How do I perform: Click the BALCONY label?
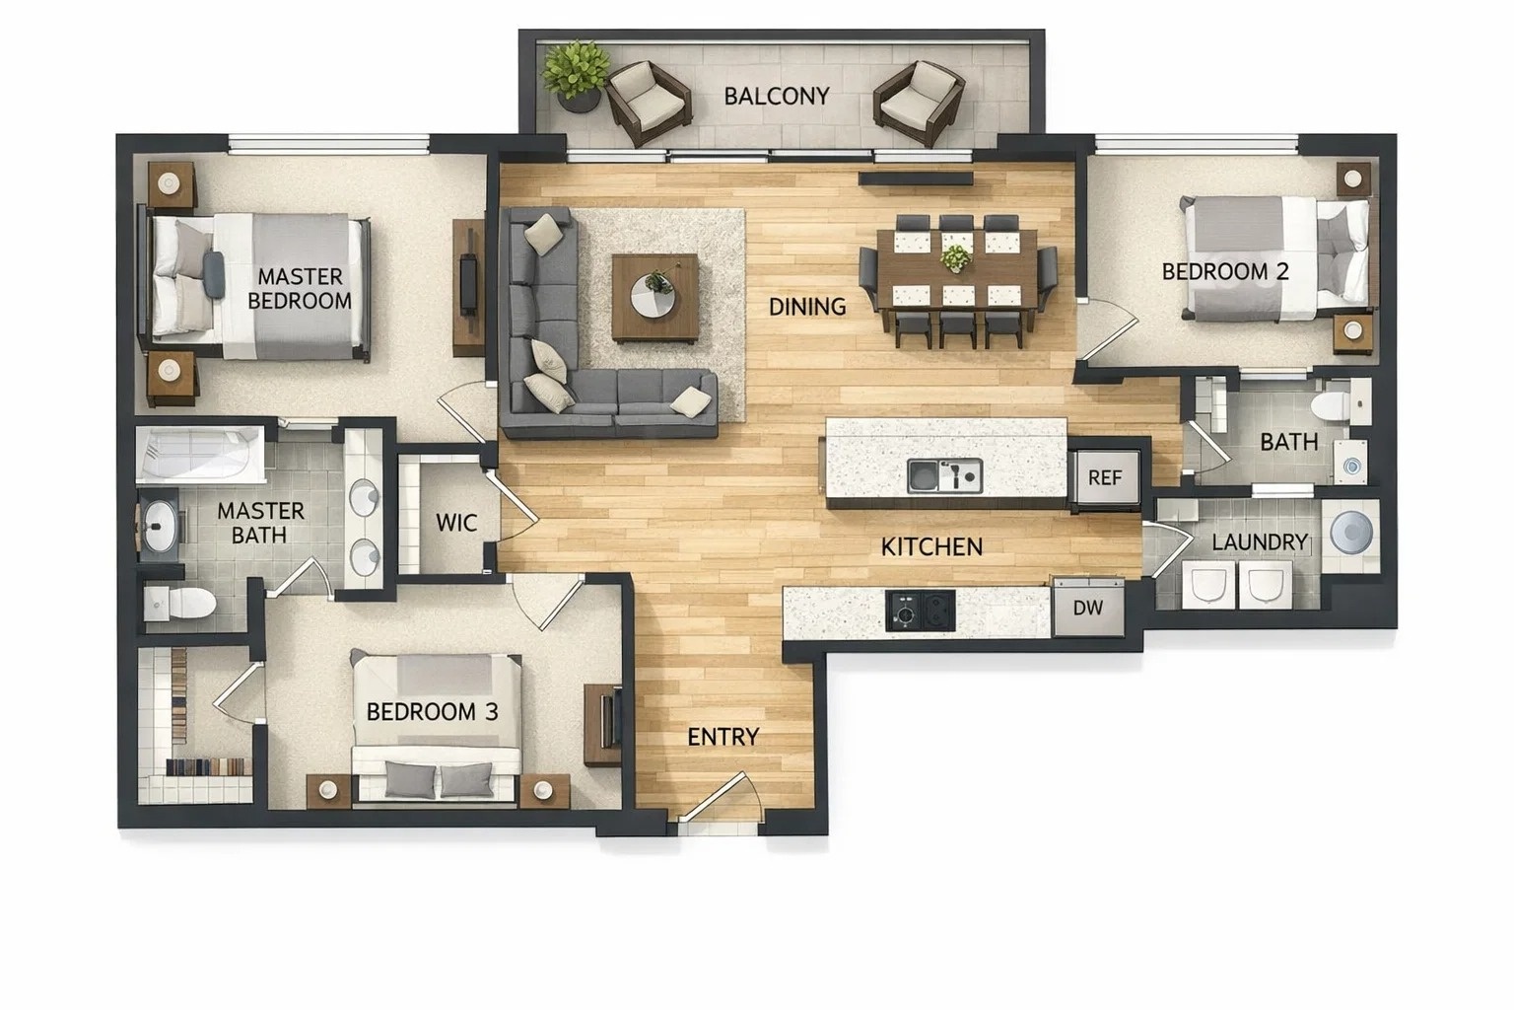click(777, 96)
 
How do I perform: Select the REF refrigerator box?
click(1105, 477)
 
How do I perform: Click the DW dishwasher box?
click(1088, 608)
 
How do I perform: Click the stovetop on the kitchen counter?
click(921, 610)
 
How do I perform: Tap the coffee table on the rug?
click(654, 298)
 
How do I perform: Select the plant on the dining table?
click(954, 258)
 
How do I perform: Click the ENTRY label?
click(723, 737)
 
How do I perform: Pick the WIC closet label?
click(456, 523)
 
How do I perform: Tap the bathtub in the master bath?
click(201, 455)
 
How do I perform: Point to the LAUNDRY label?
click(1260, 541)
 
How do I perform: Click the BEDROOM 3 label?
click(432, 711)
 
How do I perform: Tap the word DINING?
click(807, 307)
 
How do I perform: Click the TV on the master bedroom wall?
click(468, 286)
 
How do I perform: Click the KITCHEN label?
click(931, 546)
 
